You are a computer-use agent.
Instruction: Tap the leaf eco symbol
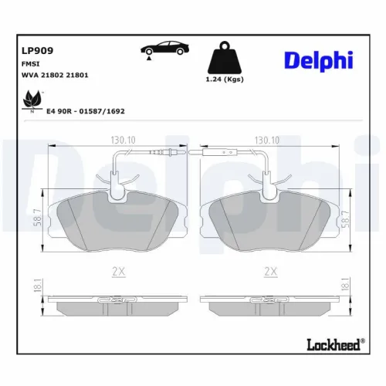point(32,100)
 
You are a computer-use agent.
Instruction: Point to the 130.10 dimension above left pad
point(118,141)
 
